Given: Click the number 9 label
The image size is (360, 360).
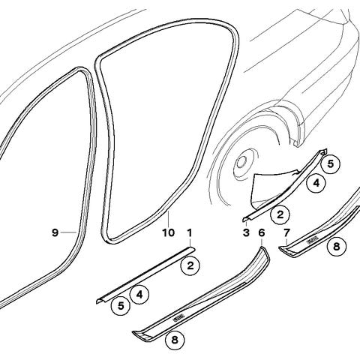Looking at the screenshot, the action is coord(55,232).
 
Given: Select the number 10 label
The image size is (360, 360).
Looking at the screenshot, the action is coord(169,232).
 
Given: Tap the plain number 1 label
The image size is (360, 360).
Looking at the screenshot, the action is coord(190,232).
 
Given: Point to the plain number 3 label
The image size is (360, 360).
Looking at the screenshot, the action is coord(246,232).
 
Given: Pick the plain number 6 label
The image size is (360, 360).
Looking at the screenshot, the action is coord(261,232).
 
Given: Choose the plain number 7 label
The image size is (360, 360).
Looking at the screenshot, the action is coord(286,232).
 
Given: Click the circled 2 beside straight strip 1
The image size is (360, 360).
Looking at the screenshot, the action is coord(190,265).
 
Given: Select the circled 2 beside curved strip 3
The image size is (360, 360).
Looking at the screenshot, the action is coord(280,214).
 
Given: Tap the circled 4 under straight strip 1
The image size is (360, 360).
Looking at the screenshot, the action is coord(139,295).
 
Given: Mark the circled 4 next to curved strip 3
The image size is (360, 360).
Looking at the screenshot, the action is coord(316,183).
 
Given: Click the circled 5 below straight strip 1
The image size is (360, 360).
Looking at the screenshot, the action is coord(121,305).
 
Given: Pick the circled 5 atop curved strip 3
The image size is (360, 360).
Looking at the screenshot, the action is coord(331,164).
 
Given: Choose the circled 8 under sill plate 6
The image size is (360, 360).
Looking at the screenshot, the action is coord(175,340).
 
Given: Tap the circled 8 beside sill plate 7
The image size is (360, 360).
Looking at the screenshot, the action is coord(337,247).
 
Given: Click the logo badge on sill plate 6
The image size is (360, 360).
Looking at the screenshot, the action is coord(178,317).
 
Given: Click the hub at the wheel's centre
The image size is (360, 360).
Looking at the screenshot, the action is coord(242,162).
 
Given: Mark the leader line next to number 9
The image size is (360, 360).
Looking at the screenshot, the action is coord(69,232).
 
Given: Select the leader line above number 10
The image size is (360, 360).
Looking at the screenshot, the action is coord(169,218).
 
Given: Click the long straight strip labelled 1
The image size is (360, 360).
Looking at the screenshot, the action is coord(145,275).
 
